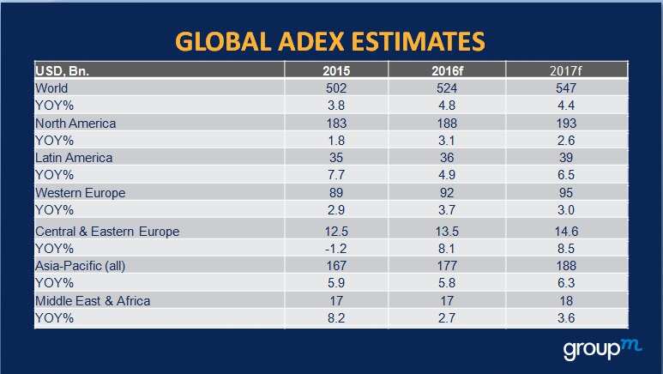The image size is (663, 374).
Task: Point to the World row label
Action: click(x=51, y=87)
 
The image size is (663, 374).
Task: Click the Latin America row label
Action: click(x=74, y=157)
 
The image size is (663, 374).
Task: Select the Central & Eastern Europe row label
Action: click(x=106, y=232)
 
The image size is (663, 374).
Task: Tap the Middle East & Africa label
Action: click(x=93, y=301)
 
